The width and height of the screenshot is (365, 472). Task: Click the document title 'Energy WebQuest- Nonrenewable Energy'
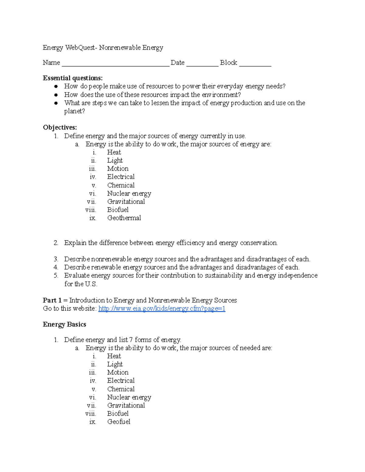pyautogui.click(x=103, y=47)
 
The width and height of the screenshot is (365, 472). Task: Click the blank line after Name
pyautogui.click(x=115, y=64)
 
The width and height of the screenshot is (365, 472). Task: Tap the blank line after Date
pyautogui.click(x=202, y=64)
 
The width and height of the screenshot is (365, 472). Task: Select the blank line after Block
pyautogui.click(x=255, y=64)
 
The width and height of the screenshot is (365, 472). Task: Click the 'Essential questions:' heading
pyautogui.click(x=73, y=78)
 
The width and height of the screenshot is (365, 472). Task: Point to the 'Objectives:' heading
pyautogui.click(x=60, y=127)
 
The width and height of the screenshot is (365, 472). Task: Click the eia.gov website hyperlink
pyautogui.click(x=162, y=309)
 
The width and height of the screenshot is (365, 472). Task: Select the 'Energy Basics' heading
pyautogui.click(x=64, y=324)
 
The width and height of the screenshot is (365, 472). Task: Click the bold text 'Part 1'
pyautogui.click(x=52, y=300)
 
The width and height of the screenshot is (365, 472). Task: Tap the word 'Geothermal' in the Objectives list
pyautogui.click(x=124, y=218)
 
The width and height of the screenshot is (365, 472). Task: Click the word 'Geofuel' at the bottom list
pyautogui.click(x=119, y=422)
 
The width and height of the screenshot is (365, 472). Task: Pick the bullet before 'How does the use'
pyautogui.click(x=56, y=95)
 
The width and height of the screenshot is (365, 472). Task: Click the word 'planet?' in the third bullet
pyautogui.click(x=75, y=111)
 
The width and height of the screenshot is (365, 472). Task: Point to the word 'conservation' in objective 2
pyautogui.click(x=259, y=243)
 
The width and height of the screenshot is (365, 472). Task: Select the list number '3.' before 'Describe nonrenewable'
pyautogui.click(x=56, y=259)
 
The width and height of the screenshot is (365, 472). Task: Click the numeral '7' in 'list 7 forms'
pyautogui.click(x=131, y=340)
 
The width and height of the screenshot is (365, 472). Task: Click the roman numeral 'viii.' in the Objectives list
pyautogui.click(x=91, y=210)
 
